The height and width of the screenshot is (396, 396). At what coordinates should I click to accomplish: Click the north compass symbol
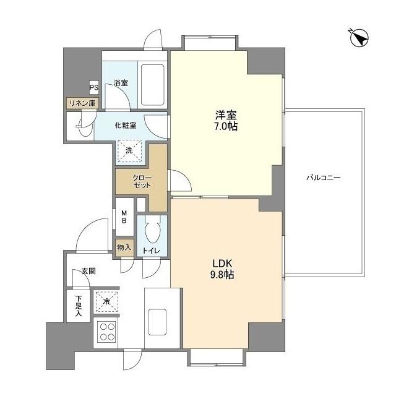tap(358, 38)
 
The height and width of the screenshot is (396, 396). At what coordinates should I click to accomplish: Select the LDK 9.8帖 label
tap(221, 268)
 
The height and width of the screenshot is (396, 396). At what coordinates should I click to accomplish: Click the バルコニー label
tap(324, 178)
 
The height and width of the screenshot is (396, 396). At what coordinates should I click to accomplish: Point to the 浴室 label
tap(121, 82)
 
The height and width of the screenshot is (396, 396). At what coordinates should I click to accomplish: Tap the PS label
tap(93, 87)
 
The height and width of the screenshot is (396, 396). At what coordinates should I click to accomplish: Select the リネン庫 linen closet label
tap(82, 103)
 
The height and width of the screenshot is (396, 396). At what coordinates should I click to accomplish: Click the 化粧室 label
tap(125, 124)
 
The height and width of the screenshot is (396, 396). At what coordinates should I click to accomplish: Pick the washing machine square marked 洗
tap(130, 150)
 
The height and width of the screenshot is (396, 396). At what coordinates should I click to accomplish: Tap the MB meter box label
tap(124, 216)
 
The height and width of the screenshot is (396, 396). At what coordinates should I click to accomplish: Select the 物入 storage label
tap(124, 247)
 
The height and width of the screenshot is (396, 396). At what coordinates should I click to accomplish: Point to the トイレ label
tap(152, 250)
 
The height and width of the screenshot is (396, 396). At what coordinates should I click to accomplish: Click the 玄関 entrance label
tap(88, 270)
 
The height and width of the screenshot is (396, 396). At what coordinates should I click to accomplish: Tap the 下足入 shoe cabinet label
tap(79, 306)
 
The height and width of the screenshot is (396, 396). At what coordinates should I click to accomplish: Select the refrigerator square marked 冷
tap(106, 303)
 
